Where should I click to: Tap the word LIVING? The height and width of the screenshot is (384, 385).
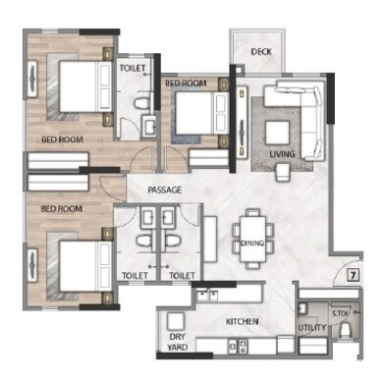click(283, 154)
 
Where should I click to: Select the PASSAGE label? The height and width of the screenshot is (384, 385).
click(164, 190)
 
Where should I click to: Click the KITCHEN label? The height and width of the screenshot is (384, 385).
click(243, 322)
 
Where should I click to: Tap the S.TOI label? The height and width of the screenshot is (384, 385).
click(342, 314)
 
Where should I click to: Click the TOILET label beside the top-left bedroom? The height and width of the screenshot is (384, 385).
click(133, 69)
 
